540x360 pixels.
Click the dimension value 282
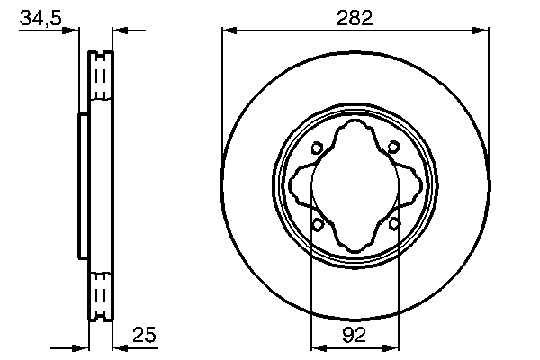[355, 17]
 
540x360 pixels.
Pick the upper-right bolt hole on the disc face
[394, 149]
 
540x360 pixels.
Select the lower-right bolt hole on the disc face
[394, 223]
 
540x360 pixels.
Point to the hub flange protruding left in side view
[83, 185]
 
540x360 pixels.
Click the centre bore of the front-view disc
[355, 186]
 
